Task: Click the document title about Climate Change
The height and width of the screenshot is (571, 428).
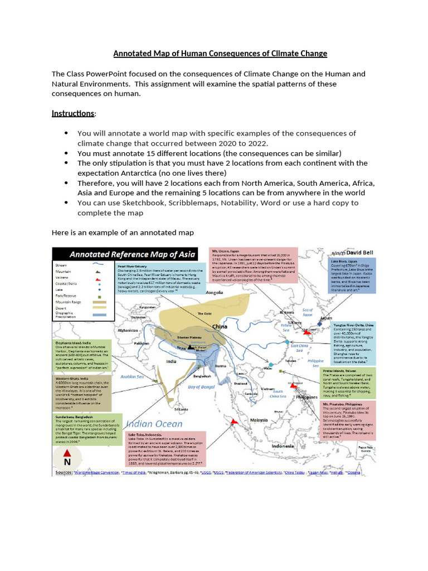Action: (220, 54)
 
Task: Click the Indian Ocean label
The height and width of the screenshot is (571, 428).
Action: (155, 424)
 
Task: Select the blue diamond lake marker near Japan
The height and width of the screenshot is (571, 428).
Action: (320, 323)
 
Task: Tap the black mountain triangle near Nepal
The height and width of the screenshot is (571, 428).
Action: (191, 347)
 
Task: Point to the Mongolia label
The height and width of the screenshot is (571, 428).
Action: (214, 292)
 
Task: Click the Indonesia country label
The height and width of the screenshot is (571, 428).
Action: (283, 446)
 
